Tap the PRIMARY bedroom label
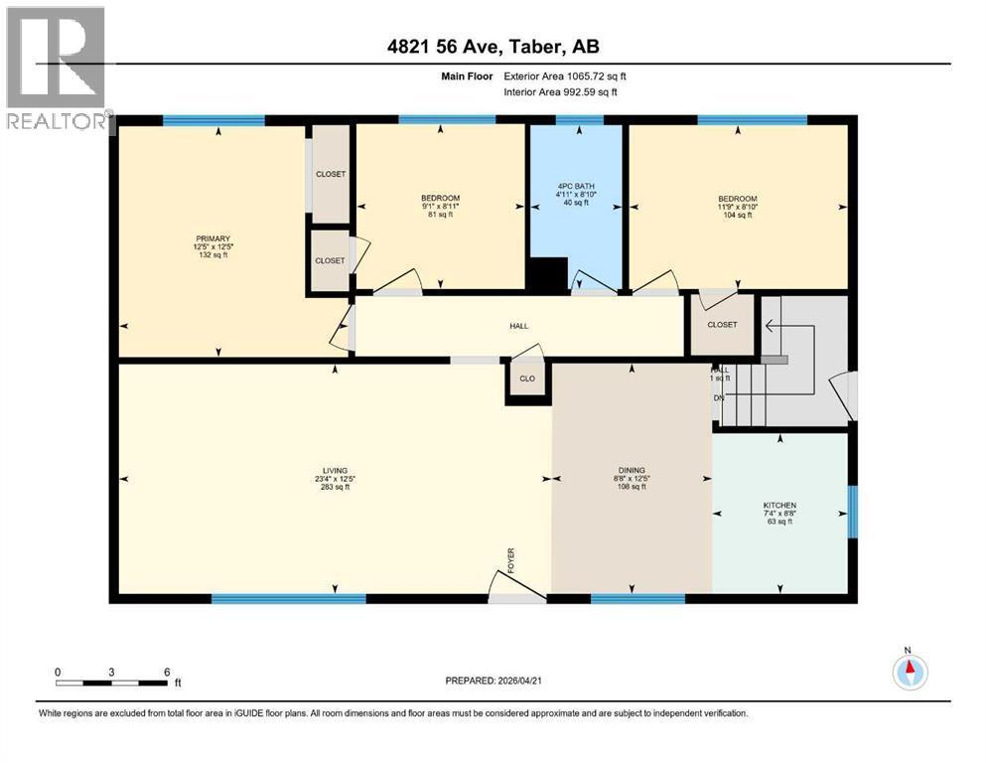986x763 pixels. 212,238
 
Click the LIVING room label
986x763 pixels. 334,470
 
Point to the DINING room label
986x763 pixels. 632,470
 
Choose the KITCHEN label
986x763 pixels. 780,506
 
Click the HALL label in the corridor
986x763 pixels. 519,326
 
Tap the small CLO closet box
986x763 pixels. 526,379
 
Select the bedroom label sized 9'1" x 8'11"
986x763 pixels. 440,199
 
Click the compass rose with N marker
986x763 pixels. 909,672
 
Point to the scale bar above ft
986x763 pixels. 112,683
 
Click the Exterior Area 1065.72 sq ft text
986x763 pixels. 566,76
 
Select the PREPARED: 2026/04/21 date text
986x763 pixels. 493,681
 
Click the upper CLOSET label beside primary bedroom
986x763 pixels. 331,174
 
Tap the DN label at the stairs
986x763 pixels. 718,398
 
